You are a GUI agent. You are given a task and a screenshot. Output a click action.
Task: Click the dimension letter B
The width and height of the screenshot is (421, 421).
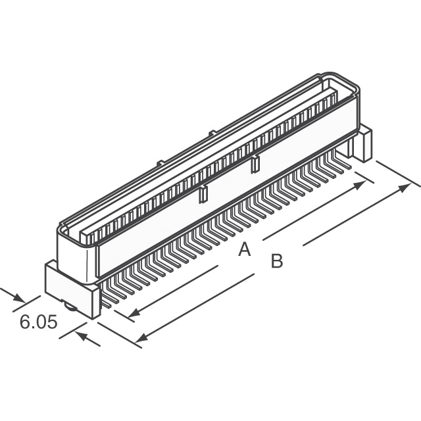click(277, 261)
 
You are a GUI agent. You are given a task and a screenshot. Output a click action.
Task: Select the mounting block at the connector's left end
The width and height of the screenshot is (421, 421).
click(68, 284)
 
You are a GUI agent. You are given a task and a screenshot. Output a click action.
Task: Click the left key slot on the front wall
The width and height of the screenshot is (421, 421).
click(203, 193)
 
